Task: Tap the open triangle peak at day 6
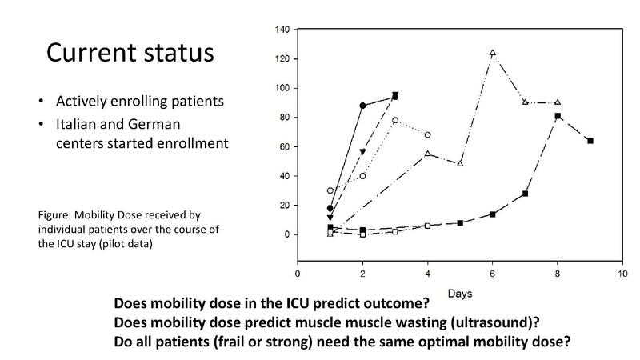493,53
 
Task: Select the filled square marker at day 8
558,116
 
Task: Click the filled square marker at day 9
590,141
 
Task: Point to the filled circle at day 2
362,106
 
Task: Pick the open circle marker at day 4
428,135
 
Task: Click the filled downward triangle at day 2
362,151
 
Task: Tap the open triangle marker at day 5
460,164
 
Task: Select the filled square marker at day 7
526,194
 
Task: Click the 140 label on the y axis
282,30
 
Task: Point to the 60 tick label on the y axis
284,147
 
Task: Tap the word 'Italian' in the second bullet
78,126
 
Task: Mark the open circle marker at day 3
395,120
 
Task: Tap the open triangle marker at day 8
558,102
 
